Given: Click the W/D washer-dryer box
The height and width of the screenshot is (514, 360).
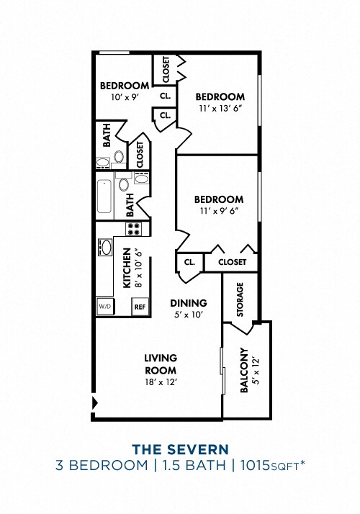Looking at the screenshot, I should coord(104,305).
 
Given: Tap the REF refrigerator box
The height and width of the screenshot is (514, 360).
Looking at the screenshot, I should coord(140,306).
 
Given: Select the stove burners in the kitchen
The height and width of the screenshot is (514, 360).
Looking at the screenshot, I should coord(134,229).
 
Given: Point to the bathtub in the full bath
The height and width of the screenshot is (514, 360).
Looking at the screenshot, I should coord(104,195).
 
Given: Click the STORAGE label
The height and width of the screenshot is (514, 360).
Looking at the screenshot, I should coord(240,299).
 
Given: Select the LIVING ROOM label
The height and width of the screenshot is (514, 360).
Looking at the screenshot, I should coord(160,364).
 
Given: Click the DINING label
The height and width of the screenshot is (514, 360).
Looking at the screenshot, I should coord(189,303).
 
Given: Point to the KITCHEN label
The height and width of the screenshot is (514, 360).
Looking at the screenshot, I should coord(127,268).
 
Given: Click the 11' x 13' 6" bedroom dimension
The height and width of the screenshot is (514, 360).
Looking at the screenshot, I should coord(220,109).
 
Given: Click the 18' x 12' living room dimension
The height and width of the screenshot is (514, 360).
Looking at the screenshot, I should coord(160,382).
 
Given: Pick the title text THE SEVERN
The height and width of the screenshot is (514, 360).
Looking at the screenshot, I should coord(180,450).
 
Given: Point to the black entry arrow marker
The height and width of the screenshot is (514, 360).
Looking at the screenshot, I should coord(94,402).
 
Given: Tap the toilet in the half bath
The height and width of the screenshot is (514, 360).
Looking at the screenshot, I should coord(119,156).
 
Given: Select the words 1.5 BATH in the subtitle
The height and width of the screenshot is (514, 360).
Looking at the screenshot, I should coord(195,466).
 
